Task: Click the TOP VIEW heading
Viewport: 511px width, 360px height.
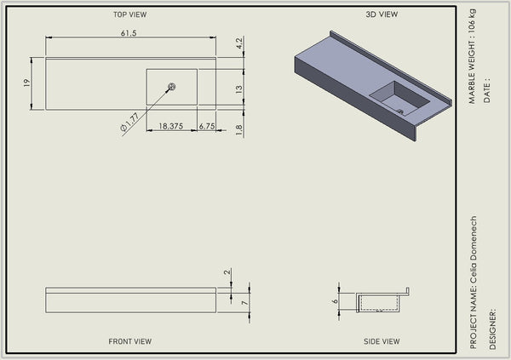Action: [x=130, y=14]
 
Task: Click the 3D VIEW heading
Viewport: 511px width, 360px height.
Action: [x=382, y=14]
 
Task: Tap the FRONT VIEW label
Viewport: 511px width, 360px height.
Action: [x=130, y=341]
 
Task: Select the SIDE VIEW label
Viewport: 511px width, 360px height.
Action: [x=382, y=341]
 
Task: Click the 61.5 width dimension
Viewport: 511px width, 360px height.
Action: [x=129, y=33]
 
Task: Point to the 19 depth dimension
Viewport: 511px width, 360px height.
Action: [x=26, y=83]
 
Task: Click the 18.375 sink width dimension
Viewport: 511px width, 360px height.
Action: [x=171, y=126]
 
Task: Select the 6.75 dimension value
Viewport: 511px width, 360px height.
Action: [x=207, y=126]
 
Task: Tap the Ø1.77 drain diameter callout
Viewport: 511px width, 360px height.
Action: [x=129, y=122]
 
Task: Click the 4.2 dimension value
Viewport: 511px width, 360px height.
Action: [x=239, y=43]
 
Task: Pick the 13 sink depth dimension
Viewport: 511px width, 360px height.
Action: [x=239, y=89]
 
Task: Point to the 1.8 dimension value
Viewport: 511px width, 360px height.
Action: [x=238, y=130]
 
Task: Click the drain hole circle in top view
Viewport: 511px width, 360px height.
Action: [x=172, y=87]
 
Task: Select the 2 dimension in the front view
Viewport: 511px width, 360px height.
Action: [x=227, y=271]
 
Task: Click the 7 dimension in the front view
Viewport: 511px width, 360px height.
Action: [x=245, y=303]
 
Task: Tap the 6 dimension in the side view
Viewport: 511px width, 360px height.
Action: [x=336, y=301]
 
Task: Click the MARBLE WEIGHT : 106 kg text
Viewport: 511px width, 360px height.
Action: [x=472, y=56]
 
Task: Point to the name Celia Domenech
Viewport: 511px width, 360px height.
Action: [x=474, y=252]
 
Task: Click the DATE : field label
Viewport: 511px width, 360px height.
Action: [x=487, y=90]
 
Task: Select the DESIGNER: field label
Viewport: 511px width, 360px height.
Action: [x=492, y=329]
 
